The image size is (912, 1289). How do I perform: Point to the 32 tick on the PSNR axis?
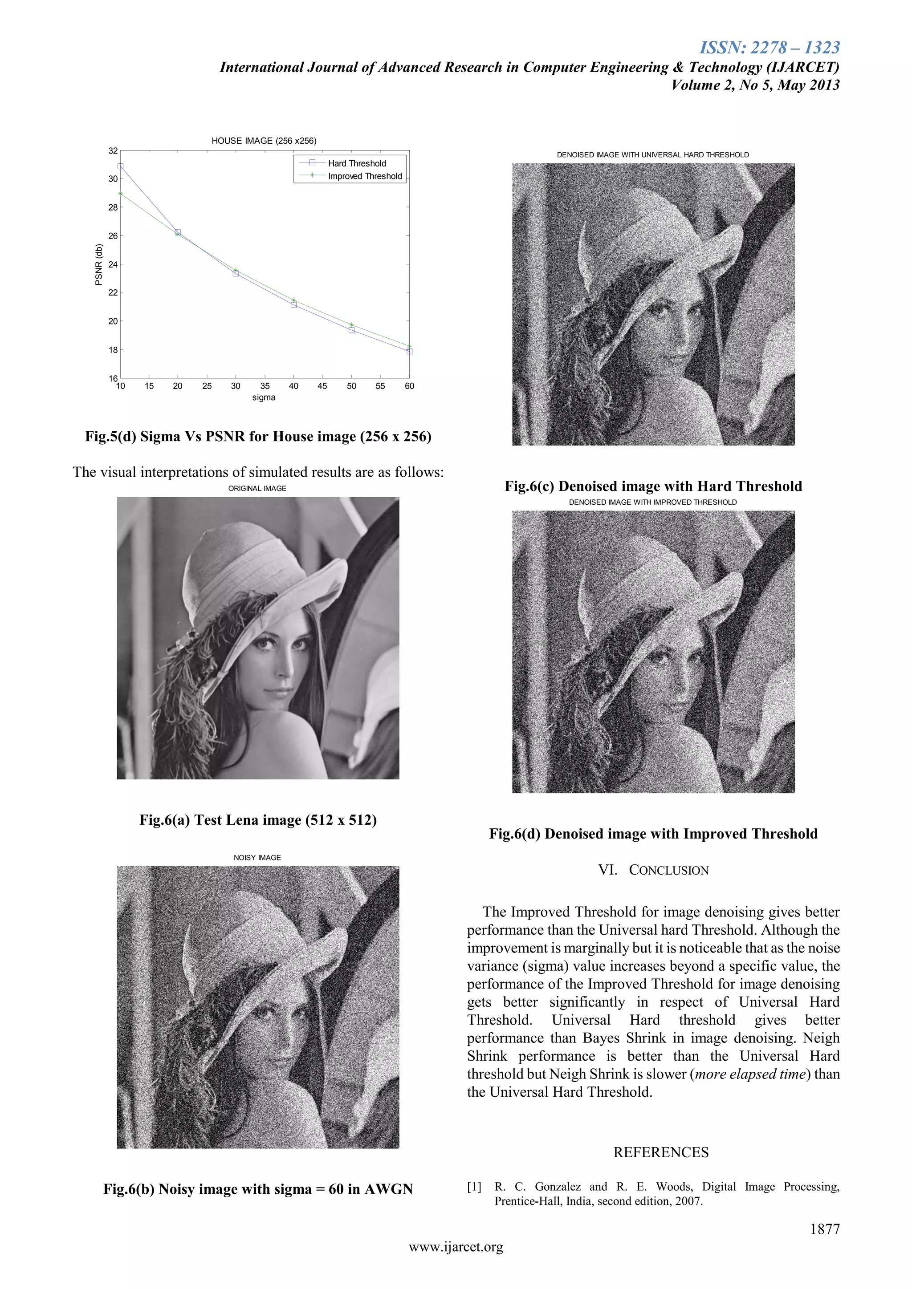(x=113, y=150)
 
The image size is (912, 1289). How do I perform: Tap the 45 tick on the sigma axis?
(x=322, y=386)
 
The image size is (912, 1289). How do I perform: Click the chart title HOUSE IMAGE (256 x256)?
(x=264, y=141)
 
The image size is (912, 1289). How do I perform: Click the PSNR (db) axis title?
(x=99, y=264)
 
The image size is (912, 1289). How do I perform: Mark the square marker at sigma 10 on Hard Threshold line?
(x=120, y=166)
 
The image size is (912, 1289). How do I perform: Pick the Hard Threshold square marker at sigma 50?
(x=351, y=330)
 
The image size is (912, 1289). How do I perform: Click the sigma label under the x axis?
(x=264, y=397)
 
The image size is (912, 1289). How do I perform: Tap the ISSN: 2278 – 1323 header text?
(x=769, y=48)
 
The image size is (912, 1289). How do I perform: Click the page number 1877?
(x=824, y=1229)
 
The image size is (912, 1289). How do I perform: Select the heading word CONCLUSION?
(x=668, y=870)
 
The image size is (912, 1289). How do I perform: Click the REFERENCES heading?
(x=660, y=1152)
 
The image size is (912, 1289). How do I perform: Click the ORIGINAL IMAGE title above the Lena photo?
(x=257, y=488)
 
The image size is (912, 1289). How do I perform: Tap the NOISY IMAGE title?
(x=257, y=857)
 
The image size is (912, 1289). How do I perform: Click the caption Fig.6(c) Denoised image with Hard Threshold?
(x=653, y=486)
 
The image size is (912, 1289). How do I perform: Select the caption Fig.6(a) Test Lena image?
(x=258, y=820)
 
